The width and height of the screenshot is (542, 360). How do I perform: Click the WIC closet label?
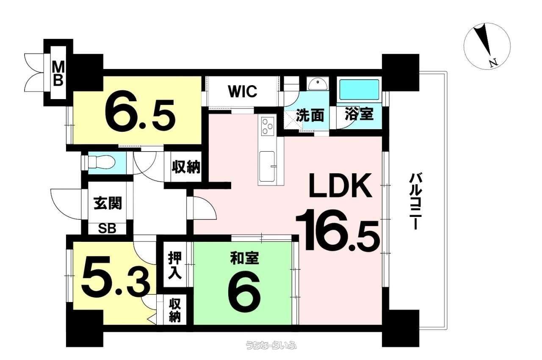243,91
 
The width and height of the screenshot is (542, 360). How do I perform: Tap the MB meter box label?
58,73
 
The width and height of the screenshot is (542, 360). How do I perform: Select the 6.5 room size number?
140,114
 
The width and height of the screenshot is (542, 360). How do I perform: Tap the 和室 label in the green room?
244,258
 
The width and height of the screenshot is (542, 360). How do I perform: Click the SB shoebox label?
108,228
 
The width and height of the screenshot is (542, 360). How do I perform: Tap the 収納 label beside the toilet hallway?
186,167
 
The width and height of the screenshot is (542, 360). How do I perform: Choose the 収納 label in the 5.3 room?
175,310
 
